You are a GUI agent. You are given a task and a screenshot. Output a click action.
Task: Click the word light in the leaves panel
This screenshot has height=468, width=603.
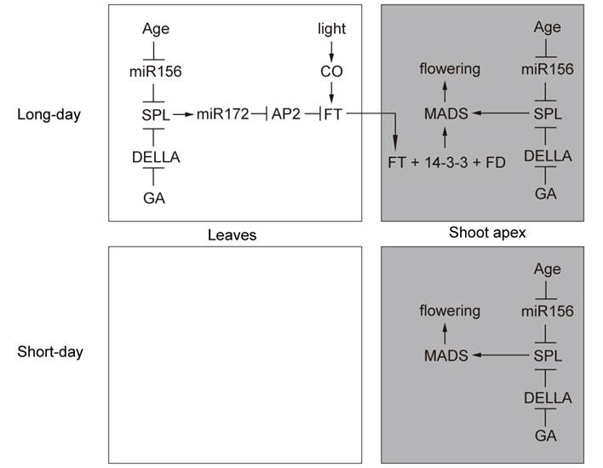(x=331, y=28)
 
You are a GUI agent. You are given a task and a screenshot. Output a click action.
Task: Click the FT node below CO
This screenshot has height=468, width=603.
(x=333, y=113)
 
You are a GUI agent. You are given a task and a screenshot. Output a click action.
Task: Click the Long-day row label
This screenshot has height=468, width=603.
(x=49, y=113)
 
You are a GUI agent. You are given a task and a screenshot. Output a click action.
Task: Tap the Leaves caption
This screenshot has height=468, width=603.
(x=233, y=234)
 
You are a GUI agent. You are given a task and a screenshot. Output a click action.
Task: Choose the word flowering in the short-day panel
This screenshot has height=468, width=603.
(x=449, y=311)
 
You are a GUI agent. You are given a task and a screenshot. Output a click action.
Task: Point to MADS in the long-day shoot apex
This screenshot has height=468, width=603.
(x=446, y=113)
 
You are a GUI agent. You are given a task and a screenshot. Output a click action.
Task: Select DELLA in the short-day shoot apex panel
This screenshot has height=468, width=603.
(x=548, y=398)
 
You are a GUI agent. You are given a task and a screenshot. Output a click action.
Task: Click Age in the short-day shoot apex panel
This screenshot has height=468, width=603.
(x=547, y=269)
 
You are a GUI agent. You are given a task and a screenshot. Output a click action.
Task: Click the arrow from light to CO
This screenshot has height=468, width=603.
(x=331, y=49)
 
